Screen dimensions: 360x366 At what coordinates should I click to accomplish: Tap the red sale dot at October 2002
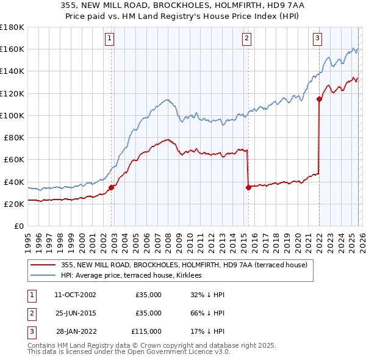[x=112, y=187]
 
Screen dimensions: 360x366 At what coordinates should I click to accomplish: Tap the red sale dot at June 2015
[x=248, y=187]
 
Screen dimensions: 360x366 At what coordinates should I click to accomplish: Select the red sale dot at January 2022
[x=319, y=99]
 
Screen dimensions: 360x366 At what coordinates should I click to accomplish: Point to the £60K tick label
[x=12, y=160]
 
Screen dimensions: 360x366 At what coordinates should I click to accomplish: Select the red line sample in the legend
[x=43, y=265]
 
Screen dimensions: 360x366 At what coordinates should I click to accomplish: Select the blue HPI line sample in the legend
[x=43, y=275]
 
